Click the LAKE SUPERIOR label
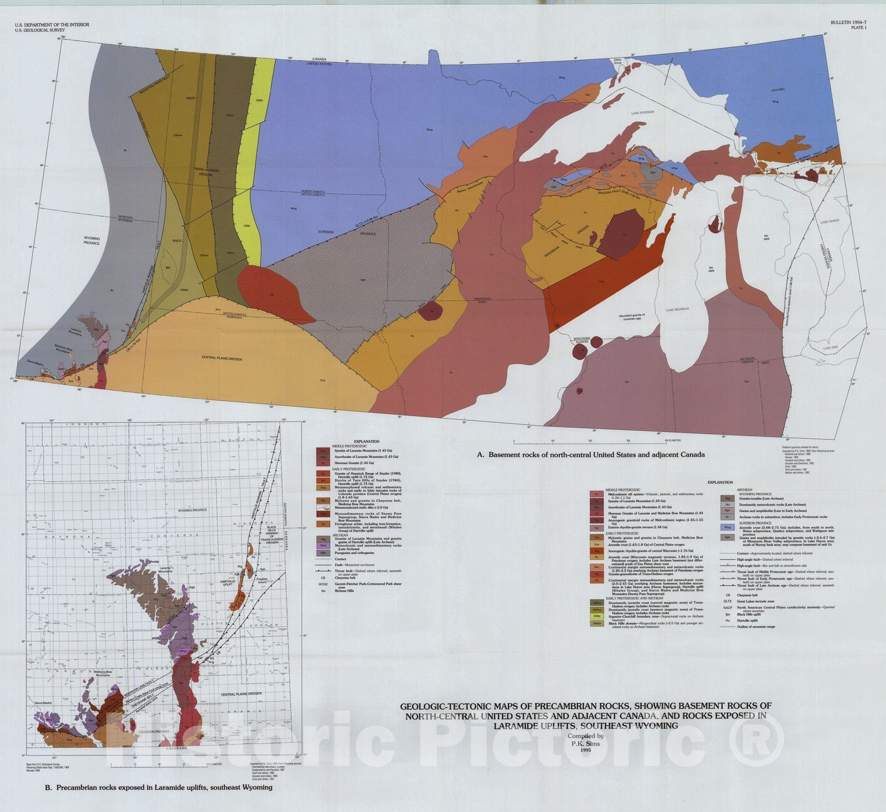coord(642,112)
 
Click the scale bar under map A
coord(590,440)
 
